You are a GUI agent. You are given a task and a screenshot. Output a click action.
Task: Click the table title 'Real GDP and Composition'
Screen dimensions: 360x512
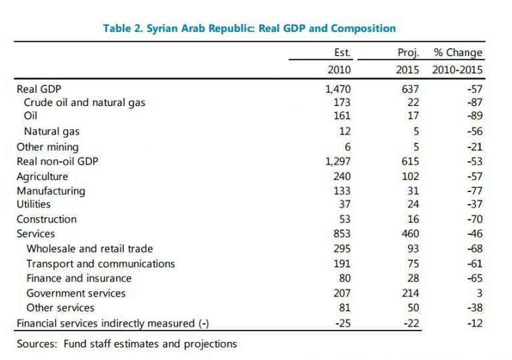(249, 28)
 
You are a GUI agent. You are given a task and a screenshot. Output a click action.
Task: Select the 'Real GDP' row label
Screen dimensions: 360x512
(39, 88)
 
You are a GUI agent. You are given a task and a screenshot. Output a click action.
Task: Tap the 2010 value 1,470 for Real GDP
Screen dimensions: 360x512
(337, 88)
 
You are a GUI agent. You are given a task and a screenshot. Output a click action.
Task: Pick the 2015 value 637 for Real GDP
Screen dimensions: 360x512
(410, 88)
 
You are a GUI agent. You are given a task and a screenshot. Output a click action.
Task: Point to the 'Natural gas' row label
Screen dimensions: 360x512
(52, 132)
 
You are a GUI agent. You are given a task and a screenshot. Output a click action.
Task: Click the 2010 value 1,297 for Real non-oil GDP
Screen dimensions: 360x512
(337, 161)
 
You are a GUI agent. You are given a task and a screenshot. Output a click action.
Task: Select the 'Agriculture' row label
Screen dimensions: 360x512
(43, 176)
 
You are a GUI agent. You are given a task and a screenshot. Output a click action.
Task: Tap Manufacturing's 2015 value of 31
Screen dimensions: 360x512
(413, 191)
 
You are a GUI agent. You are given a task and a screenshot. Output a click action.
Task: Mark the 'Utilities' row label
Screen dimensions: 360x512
(33, 205)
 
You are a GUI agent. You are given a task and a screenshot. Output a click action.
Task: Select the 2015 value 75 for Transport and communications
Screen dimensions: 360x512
(413, 263)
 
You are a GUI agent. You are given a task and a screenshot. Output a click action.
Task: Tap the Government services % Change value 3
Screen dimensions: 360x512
(479, 293)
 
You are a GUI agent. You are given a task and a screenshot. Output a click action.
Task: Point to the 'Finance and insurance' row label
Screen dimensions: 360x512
(79, 278)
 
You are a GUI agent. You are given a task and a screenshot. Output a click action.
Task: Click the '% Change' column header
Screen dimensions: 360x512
(458, 53)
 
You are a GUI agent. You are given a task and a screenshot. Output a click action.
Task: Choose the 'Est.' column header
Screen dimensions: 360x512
(342, 53)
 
